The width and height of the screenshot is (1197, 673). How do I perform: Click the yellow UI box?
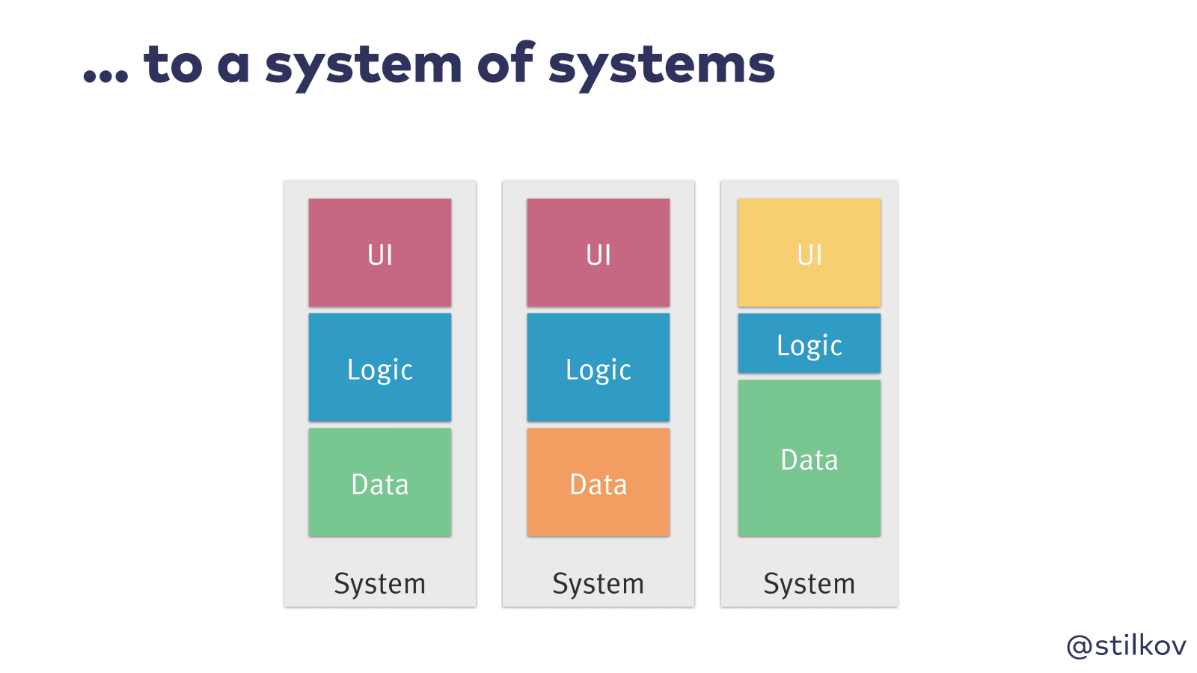click(x=809, y=252)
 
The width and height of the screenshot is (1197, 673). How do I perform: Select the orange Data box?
click(x=598, y=482)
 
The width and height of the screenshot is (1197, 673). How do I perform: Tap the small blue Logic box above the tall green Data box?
click(x=809, y=343)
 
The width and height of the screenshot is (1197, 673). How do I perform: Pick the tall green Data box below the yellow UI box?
click(x=809, y=458)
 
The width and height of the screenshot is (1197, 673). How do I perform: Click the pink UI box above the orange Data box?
click(x=598, y=252)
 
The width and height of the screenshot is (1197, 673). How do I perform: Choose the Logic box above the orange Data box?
click(x=598, y=367)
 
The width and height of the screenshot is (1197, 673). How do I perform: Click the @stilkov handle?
click(x=1126, y=645)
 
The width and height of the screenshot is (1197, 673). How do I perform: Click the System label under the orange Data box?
click(x=598, y=584)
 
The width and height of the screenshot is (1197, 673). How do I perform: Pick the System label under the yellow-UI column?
click(x=809, y=584)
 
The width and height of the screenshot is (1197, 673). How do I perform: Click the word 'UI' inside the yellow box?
click(x=809, y=255)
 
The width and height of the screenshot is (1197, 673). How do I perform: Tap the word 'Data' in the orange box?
click(x=598, y=485)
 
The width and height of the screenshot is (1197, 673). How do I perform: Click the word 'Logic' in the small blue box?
click(x=809, y=345)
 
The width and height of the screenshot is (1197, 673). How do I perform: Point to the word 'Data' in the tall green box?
click(x=809, y=460)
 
